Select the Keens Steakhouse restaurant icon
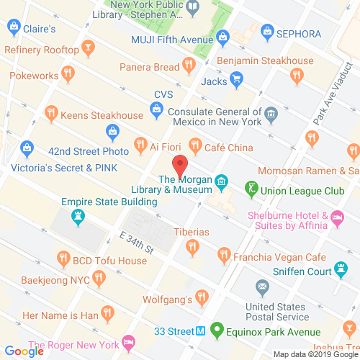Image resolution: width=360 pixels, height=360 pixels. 51,112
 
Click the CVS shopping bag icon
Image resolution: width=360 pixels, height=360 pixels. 156,109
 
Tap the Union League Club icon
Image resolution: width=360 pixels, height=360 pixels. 252,189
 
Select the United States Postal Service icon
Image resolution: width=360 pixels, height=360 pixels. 262,288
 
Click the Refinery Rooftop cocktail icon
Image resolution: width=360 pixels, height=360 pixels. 87,50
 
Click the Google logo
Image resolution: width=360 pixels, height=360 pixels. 27,351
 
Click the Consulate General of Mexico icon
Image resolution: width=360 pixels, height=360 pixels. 271,112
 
